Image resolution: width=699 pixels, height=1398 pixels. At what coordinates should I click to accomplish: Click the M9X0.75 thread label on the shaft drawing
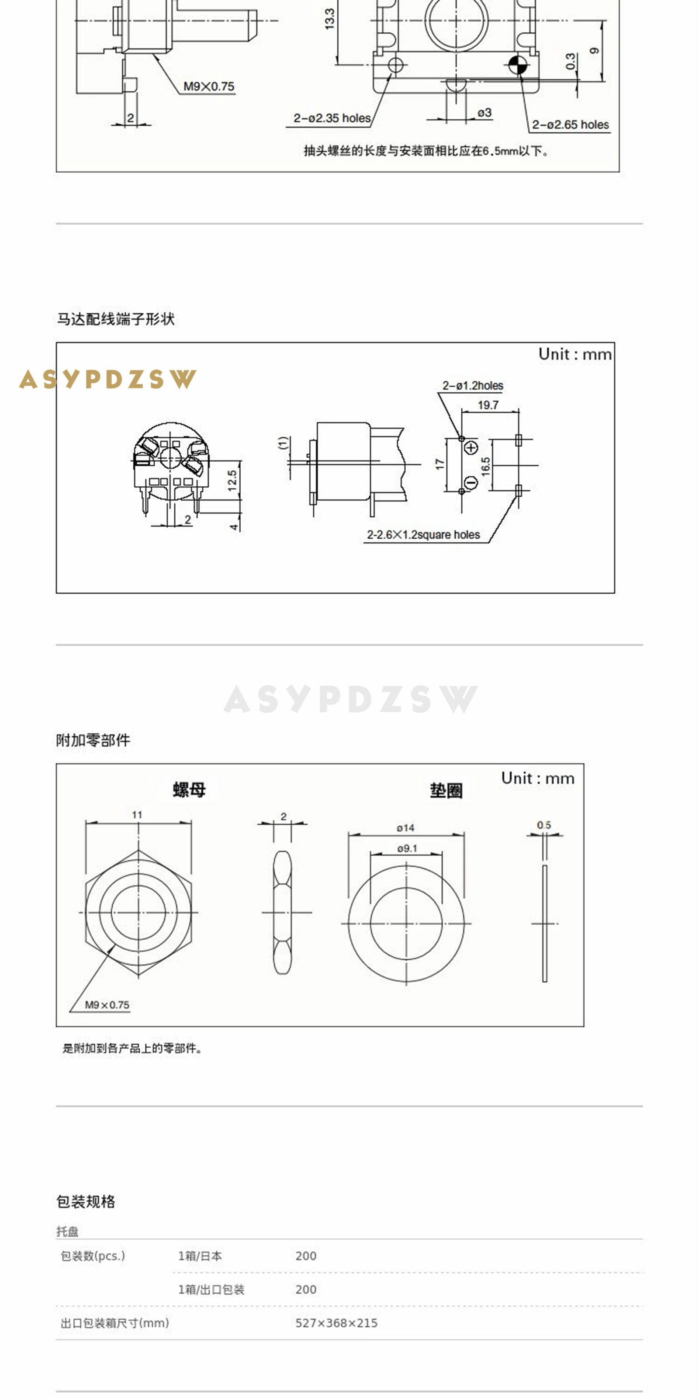[208, 87]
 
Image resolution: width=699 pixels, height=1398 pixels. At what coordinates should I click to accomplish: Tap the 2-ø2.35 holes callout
[332, 118]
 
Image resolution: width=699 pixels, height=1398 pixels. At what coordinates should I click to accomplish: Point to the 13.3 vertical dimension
[329, 19]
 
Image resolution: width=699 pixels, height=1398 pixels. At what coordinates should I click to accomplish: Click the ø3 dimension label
[484, 113]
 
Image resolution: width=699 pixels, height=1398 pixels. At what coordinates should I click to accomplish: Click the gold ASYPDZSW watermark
[107, 379]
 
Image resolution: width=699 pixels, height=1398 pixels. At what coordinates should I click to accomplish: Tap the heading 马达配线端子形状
[116, 319]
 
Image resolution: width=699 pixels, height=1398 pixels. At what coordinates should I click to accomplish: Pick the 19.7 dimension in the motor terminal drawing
[488, 405]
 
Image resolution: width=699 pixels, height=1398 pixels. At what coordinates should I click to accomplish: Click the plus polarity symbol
[471, 448]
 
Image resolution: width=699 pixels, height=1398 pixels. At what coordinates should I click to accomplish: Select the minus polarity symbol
[471, 482]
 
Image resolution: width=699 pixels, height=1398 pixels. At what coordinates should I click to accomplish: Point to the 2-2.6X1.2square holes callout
[423, 535]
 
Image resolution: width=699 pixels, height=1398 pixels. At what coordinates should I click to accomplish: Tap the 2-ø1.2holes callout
[472, 386]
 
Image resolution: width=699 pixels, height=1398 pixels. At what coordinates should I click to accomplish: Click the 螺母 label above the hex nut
[190, 789]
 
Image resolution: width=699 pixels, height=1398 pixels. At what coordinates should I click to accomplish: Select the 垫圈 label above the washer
[446, 791]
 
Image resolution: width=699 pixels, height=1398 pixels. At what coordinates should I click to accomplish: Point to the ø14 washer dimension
[405, 827]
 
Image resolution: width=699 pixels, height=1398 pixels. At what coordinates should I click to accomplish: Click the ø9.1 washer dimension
[407, 848]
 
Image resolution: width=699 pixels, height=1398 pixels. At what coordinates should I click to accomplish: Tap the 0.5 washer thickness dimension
[544, 825]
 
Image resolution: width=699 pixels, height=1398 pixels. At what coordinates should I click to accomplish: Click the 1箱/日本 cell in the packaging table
[200, 1256]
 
